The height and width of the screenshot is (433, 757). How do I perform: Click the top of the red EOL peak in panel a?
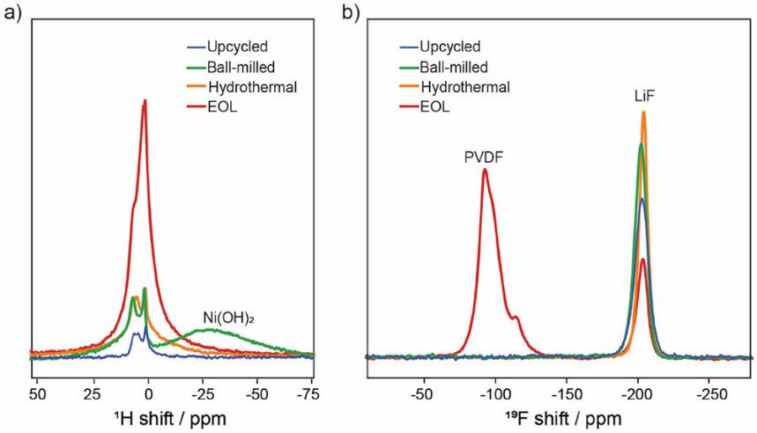(x=145, y=100)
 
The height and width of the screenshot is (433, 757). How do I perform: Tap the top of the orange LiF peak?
(x=644, y=112)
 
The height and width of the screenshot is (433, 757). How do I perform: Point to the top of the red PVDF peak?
(x=485, y=169)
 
